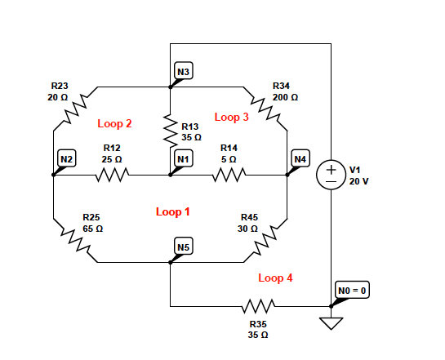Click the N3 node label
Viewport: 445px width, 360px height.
184,73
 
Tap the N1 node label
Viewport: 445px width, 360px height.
184,158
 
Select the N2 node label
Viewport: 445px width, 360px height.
67,158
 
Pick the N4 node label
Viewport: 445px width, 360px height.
300,158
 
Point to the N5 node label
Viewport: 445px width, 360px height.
184,247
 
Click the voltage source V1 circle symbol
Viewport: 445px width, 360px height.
332,176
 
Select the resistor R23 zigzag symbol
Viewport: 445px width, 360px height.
75,108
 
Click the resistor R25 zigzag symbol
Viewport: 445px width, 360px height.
75,242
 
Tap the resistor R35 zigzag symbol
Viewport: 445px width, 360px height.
258,307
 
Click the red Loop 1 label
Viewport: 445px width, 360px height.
173,212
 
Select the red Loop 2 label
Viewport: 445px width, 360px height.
114,124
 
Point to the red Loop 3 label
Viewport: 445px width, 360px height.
232,118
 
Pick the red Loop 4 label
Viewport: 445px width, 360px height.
275,278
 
